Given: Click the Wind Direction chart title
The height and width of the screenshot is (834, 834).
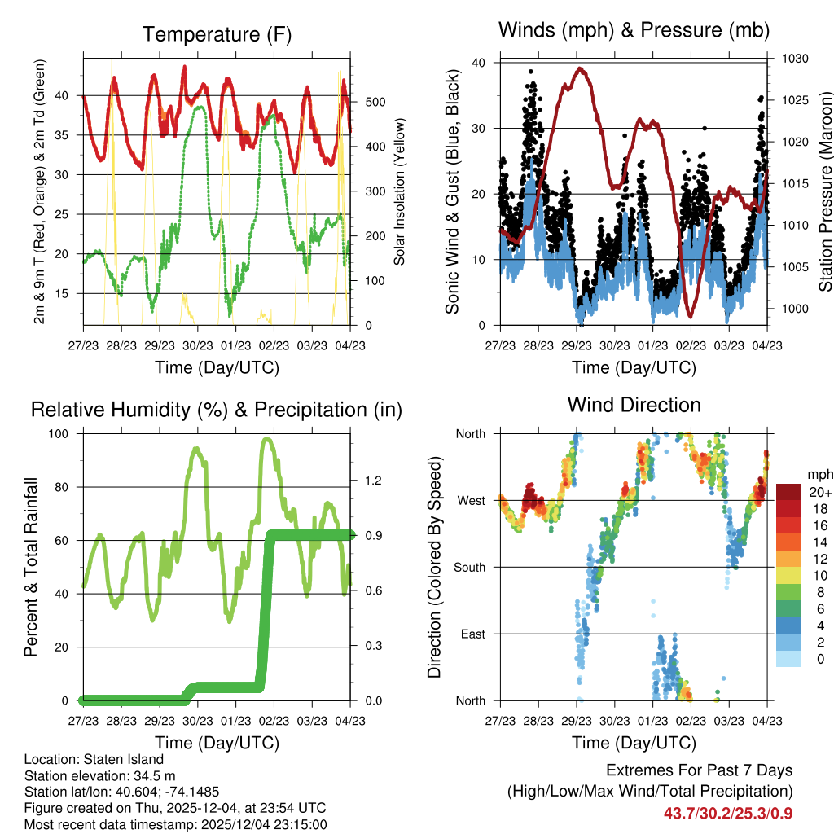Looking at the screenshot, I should [x=634, y=405].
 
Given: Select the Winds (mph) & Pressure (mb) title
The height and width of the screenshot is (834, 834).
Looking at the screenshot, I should [x=634, y=30].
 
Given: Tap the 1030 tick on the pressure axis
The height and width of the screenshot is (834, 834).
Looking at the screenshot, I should [x=793, y=59].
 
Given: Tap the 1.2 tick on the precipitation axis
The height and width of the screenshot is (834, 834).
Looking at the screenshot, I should [x=372, y=481].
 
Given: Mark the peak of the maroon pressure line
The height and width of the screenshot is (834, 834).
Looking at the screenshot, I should [x=580, y=68].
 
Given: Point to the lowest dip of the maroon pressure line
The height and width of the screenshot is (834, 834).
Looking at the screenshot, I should [x=691, y=316].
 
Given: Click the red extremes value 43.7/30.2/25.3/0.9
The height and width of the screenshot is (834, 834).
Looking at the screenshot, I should [x=727, y=813].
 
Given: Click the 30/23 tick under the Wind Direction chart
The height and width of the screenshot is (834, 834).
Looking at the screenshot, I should [x=615, y=721].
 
